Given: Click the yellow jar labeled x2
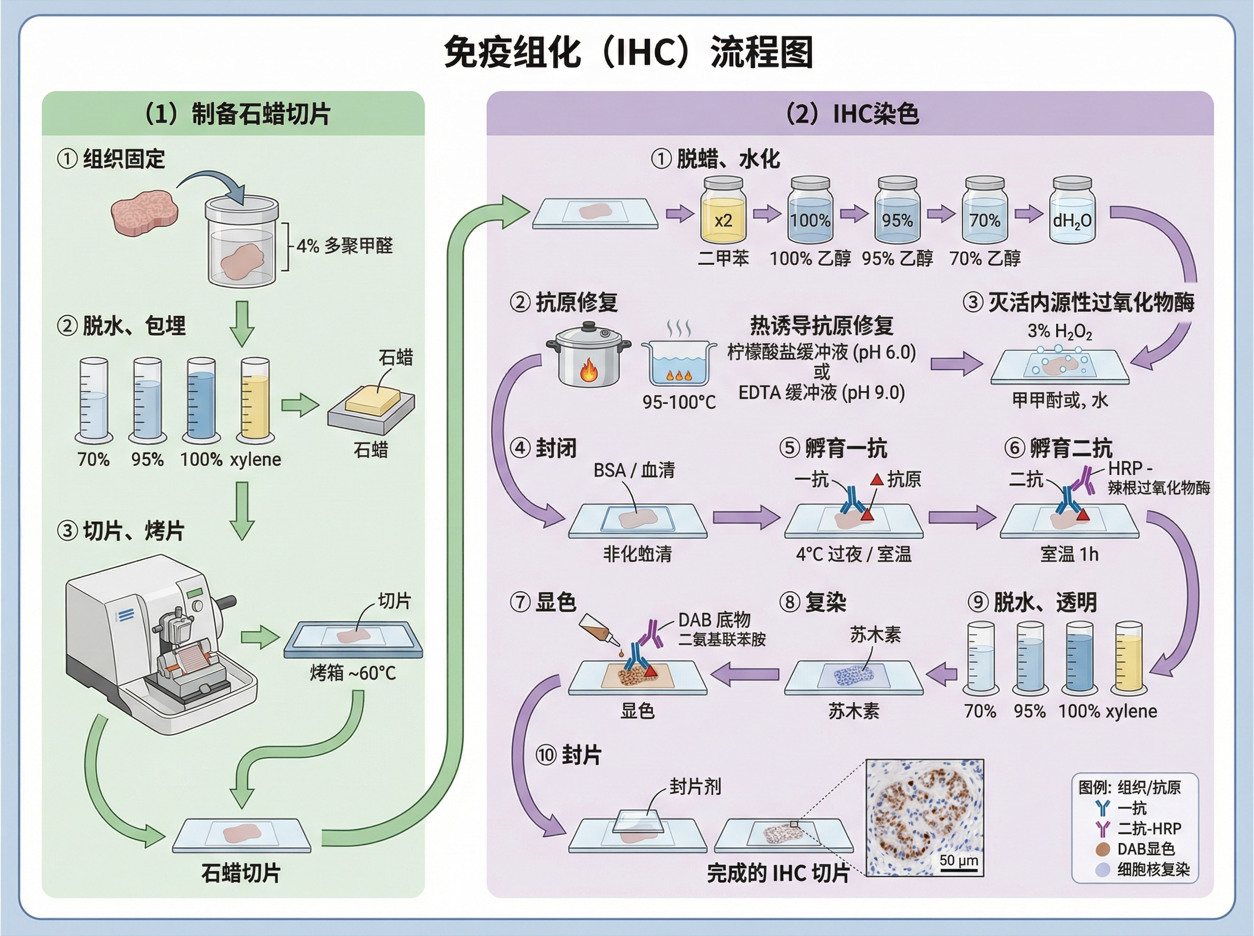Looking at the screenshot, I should pos(723,213).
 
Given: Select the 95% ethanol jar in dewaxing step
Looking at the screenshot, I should pos(897,213).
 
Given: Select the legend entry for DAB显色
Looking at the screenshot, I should pos(1145,849).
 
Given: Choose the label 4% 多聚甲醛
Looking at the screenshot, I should pos(344,246).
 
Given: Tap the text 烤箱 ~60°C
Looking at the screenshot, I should pos(353,673).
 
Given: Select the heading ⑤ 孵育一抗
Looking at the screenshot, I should pos(833,448).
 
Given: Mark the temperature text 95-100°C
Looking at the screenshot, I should pos(679,402).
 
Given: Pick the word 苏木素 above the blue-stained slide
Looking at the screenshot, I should pos(875,635).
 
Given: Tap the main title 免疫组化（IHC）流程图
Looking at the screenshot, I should pos(628,52).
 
